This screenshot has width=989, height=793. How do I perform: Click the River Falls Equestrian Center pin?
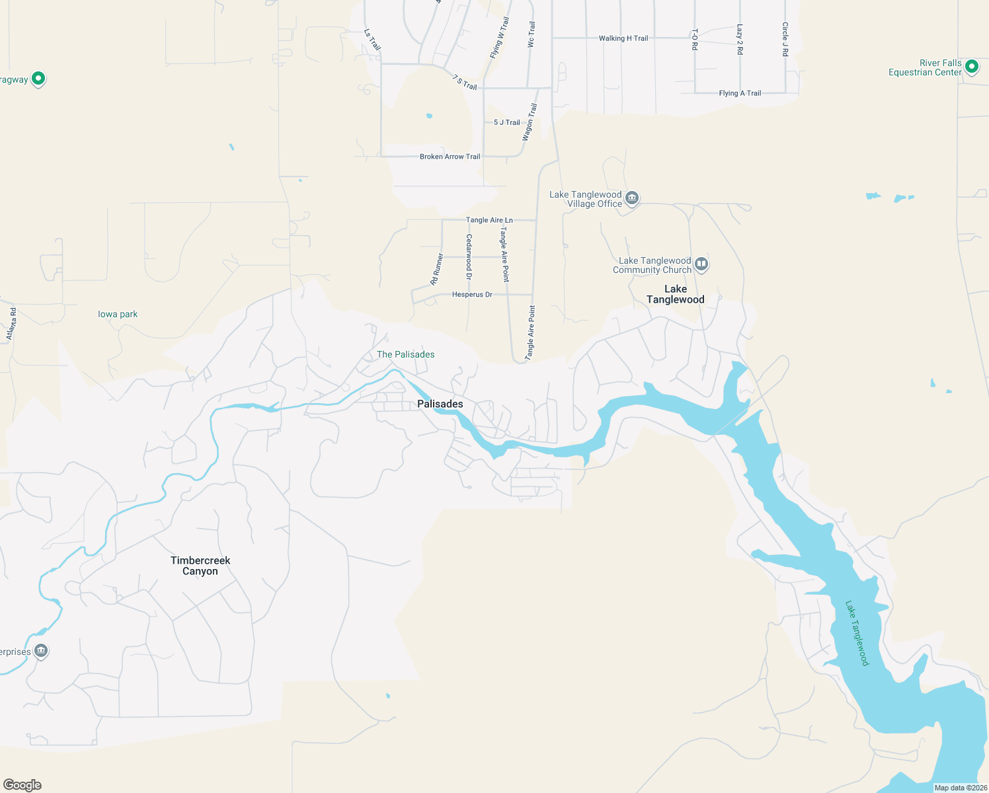pyautogui.click(x=971, y=67)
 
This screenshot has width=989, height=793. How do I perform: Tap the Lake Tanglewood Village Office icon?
pyautogui.click(x=632, y=198)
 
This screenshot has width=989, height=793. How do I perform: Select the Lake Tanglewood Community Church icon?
pyautogui.click(x=701, y=264)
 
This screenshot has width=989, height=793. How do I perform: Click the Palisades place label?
pyautogui.click(x=440, y=404)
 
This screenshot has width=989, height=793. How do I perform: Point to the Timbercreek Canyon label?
pyautogui.click(x=200, y=566)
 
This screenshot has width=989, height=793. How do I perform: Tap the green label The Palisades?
pyautogui.click(x=406, y=354)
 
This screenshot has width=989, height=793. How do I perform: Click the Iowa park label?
pyautogui.click(x=118, y=314)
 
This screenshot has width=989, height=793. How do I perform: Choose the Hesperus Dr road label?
pyautogui.click(x=472, y=294)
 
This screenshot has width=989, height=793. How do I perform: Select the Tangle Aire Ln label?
pyautogui.click(x=489, y=220)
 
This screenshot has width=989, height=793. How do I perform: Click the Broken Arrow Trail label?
pyautogui.click(x=450, y=157)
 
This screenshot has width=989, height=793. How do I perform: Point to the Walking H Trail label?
pyautogui.click(x=623, y=38)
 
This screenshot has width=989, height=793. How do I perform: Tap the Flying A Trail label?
pyautogui.click(x=740, y=93)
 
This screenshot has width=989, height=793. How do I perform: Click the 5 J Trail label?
pyautogui.click(x=507, y=122)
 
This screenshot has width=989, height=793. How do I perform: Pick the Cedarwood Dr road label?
pyautogui.click(x=469, y=256)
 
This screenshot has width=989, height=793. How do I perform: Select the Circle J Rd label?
pyautogui.click(x=785, y=40)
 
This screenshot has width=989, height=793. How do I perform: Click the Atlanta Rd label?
pyautogui.click(x=11, y=324)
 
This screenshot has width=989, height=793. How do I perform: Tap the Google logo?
pyautogui.click(x=22, y=785)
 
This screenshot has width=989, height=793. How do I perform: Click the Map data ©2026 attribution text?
pyautogui.click(x=961, y=788)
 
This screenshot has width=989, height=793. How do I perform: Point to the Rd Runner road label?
pyautogui.click(x=437, y=270)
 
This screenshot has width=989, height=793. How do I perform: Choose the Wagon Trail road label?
pyautogui.click(x=530, y=122)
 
